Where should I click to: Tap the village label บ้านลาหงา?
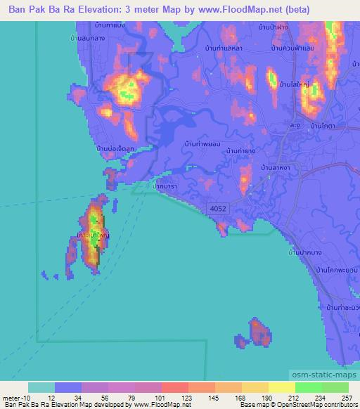pyautogui.click(x=277, y=168)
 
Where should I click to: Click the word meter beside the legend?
pyautogui.click(x=11, y=398)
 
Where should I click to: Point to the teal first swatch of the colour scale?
pyautogui.click(x=41, y=387)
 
